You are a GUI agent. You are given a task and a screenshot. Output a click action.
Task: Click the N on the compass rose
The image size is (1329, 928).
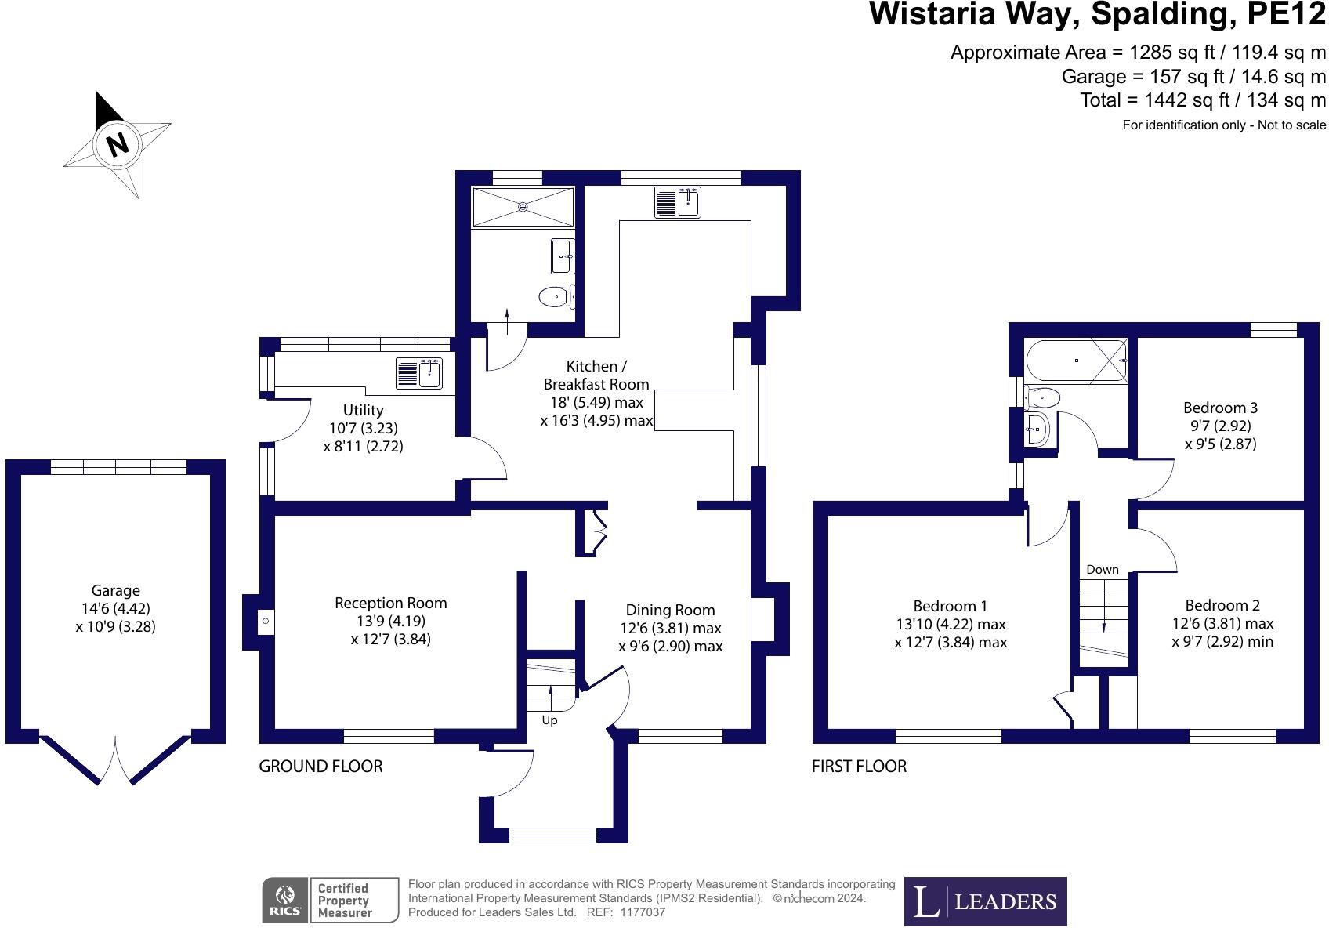(x=118, y=144)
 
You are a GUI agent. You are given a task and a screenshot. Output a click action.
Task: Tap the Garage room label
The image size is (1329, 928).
(x=115, y=591)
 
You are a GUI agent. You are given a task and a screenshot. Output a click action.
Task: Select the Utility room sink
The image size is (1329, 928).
(x=419, y=373)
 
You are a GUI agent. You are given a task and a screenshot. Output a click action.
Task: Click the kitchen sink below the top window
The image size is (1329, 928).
(x=678, y=202)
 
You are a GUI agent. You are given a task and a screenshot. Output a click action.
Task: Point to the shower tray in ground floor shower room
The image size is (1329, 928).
(x=523, y=207)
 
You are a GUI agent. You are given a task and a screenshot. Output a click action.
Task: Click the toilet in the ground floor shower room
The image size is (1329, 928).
(x=556, y=296)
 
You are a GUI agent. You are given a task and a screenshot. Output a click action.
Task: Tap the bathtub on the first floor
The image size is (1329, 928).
(x=1077, y=361)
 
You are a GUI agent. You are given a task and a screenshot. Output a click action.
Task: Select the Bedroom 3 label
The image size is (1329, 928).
(x=1220, y=408)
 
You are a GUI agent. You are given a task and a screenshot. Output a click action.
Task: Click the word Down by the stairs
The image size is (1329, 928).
(x=1102, y=570)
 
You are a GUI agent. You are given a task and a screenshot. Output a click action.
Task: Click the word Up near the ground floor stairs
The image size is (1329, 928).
(x=549, y=720)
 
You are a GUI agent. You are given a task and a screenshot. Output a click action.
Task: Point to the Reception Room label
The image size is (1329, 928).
(x=390, y=603)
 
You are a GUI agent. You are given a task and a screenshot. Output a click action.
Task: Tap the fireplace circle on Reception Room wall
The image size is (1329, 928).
(x=266, y=622)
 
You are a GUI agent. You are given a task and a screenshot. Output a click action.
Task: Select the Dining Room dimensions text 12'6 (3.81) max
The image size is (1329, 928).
(x=670, y=628)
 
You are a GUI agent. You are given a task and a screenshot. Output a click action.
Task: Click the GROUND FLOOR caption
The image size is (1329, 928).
(x=320, y=766)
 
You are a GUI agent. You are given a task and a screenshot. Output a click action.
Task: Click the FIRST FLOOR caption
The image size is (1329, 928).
(x=859, y=766)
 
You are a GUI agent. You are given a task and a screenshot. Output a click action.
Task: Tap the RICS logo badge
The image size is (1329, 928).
(x=284, y=900)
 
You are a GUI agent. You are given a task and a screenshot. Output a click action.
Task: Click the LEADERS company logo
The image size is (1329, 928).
(x=985, y=902)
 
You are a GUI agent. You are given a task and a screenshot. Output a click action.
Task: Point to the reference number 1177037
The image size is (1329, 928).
(x=643, y=912)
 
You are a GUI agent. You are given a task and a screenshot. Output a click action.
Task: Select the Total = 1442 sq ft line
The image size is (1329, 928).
(x=1202, y=100)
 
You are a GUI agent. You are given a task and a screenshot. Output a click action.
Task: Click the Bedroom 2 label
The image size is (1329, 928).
(x=1222, y=605)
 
